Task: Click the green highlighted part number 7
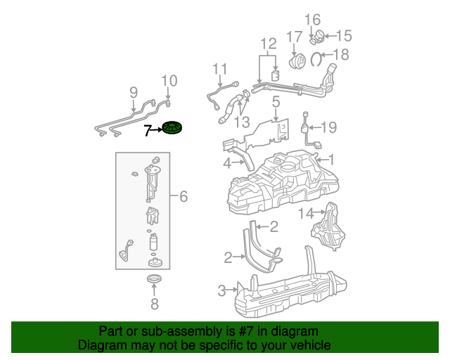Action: [172, 129]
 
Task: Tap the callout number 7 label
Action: [148, 130]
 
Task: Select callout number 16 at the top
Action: [312, 19]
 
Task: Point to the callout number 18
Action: [341, 55]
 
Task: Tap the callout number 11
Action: [221, 69]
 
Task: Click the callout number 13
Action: [242, 122]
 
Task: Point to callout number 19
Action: [329, 127]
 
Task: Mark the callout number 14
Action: [306, 212]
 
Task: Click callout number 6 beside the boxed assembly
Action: [183, 196]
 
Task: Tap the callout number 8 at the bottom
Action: [155, 304]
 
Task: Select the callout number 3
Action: [222, 290]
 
